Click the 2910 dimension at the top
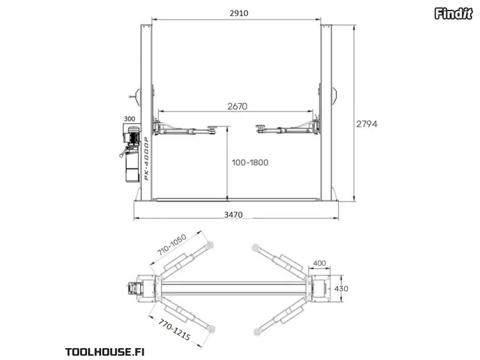[239, 13]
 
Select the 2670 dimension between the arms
[237, 106]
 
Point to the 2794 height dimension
[367, 124]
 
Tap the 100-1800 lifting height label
[250, 162]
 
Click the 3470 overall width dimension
[233, 214]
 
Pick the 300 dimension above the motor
[129, 119]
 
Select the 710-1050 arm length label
[171, 245]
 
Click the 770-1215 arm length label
[175, 329]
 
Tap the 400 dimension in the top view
[320, 263]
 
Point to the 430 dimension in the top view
[342, 289]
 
